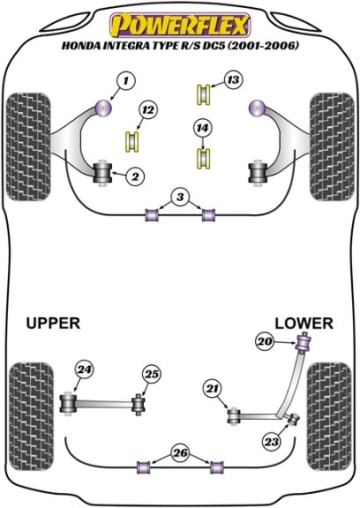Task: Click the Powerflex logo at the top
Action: (180, 24)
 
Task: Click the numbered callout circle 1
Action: (126, 80)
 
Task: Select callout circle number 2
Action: (135, 175)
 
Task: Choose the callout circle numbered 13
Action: (232, 79)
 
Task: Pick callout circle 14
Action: (202, 129)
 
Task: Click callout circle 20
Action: (265, 342)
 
